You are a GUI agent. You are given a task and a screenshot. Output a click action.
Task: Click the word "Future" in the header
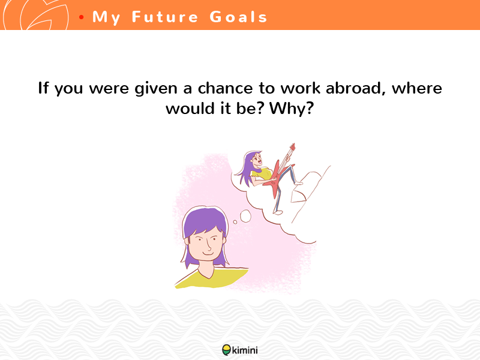click(165, 17)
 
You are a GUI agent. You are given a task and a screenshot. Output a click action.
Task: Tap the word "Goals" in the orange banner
click(238, 17)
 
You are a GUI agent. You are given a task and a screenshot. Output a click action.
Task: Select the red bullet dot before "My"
click(81, 17)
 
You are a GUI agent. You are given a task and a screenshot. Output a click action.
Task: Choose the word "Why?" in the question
click(292, 109)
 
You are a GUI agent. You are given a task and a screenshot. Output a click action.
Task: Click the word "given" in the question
click(156, 89)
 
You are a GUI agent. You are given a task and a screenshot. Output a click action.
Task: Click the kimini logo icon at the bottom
click(227, 350)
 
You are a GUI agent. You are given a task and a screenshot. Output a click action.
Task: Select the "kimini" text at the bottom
click(245, 350)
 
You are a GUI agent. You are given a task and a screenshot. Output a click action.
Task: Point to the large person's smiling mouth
click(208, 253)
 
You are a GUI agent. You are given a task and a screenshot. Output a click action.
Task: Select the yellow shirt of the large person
click(212, 278)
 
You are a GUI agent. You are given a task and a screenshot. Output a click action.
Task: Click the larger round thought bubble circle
click(245, 216)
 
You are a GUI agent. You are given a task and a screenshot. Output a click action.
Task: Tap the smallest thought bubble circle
click(235, 222)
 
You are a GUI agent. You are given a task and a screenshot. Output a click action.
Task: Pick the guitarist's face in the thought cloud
click(257, 159)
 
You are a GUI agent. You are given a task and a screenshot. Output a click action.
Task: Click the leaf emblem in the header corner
click(35, 15)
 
